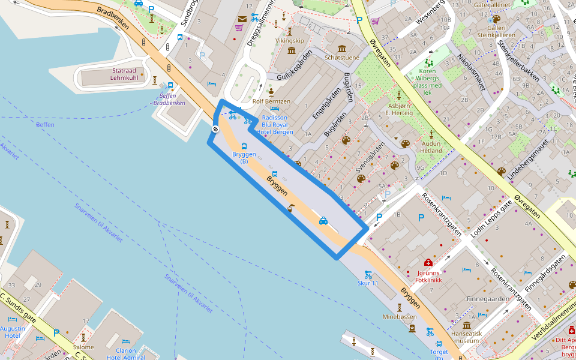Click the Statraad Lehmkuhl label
124,74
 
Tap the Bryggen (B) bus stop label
244,158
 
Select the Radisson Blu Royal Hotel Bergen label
274,124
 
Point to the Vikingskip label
290,41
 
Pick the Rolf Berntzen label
271,101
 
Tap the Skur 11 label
368,283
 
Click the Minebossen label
399,316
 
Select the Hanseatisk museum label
467,337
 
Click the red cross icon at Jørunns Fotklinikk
428,263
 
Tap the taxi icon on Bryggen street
323,221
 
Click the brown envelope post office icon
242,19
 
